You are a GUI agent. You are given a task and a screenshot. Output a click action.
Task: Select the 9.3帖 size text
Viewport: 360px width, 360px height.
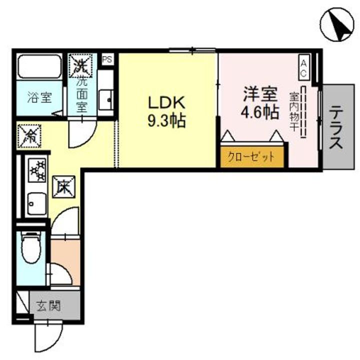coord(166,120)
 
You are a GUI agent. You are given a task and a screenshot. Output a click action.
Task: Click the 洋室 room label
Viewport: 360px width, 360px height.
coord(259,93)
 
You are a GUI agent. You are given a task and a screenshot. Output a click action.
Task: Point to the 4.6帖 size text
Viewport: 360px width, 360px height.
coord(259,112)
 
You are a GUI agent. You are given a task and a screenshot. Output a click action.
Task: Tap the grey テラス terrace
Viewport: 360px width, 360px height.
coord(336,126)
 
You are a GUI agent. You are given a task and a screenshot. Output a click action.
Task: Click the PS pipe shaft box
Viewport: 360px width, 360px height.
coord(107,59)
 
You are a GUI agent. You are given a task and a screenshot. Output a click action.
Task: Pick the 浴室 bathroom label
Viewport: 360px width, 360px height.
coord(39,97)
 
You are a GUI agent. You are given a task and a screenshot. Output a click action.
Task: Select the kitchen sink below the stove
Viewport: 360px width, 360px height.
coord(34,203)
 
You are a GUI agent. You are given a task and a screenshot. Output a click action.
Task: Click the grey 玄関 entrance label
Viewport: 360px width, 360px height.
coord(48,305)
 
